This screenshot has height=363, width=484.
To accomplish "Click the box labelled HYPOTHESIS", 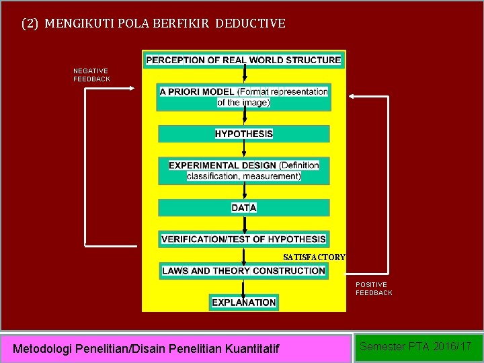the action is click(244, 134).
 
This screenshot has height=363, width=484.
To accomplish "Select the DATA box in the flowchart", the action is click(244, 208).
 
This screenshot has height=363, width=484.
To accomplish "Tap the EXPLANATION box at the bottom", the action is click(244, 302).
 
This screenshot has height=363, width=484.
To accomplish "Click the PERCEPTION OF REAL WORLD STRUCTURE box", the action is click(243, 60).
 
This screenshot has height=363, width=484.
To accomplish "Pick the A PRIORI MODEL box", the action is click(244, 97).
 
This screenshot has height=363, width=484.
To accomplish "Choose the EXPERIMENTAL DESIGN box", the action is click(244, 171).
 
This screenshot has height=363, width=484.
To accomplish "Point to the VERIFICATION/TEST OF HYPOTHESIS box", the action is click(244, 239).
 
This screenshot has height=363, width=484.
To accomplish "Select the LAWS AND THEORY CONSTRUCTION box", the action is click(244, 271).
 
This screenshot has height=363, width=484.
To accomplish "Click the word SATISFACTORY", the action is click(314, 257).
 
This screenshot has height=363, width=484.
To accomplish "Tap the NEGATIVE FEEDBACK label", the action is click(91, 75).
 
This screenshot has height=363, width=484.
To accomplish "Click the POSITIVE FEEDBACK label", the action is click(374, 288).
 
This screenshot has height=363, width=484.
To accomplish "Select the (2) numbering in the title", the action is click(30, 24).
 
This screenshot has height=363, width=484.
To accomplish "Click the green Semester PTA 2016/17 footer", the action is click(416, 347).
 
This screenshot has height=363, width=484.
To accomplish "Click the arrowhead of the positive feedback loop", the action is click(350, 97).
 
